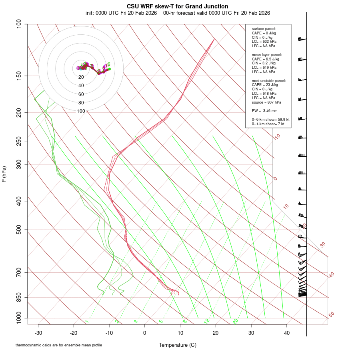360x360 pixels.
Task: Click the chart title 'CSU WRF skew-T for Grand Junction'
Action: [x=178, y=6]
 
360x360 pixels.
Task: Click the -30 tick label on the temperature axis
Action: [x=38, y=333]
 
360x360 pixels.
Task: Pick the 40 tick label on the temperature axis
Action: [x=287, y=333]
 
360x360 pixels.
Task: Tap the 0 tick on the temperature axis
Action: [x=145, y=333]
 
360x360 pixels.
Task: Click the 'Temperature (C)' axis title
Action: [x=178, y=345]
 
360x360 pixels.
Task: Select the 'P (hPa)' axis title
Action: [x=4, y=174]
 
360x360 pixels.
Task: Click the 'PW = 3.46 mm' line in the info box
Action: [x=264, y=110]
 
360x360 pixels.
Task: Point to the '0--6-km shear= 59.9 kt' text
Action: [x=270, y=119]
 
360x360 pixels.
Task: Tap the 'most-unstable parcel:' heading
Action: [x=269, y=80]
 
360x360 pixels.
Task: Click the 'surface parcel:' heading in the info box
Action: [x=264, y=29]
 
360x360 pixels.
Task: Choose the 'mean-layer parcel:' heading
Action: [x=267, y=54]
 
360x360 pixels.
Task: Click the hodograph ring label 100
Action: [x=81, y=111]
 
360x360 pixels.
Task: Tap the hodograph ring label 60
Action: [x=81, y=94]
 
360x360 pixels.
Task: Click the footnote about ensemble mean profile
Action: [x=59, y=345]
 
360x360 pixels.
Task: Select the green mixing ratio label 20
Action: [x=236, y=321]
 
